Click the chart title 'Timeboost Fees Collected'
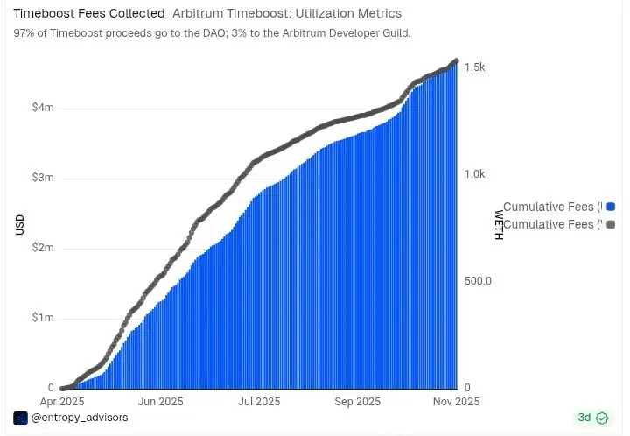click(x=88, y=14)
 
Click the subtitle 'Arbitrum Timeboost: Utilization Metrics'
click(x=287, y=14)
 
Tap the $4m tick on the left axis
click(x=42, y=108)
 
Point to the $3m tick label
click(x=42, y=178)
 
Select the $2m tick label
click(x=42, y=248)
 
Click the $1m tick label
click(x=42, y=318)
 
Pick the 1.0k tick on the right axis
click(x=476, y=175)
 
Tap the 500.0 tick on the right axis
click(x=478, y=281)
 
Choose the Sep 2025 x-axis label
click(x=357, y=403)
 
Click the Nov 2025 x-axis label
click(x=456, y=403)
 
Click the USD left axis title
click(x=19, y=225)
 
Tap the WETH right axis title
click(x=499, y=225)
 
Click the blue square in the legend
click(x=611, y=207)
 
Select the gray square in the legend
click(x=611, y=225)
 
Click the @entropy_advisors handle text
click(x=80, y=418)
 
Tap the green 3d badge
click(x=590, y=418)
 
